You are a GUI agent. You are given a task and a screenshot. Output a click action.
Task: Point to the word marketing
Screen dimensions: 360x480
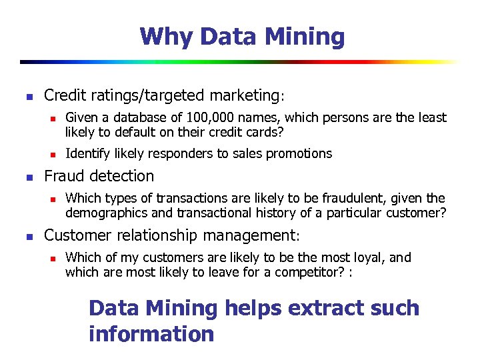tap(243, 95)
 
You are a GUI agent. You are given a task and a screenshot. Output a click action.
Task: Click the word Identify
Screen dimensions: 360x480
tap(88, 153)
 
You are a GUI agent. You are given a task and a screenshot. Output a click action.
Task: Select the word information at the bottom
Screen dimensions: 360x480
tap(151, 333)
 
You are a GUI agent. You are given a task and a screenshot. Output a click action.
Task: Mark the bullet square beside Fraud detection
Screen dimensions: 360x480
tap(28, 177)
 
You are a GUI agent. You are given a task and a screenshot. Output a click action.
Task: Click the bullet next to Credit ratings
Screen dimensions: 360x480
tap(28, 97)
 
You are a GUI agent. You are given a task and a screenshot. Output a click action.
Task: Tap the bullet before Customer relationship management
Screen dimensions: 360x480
tap(28, 237)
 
